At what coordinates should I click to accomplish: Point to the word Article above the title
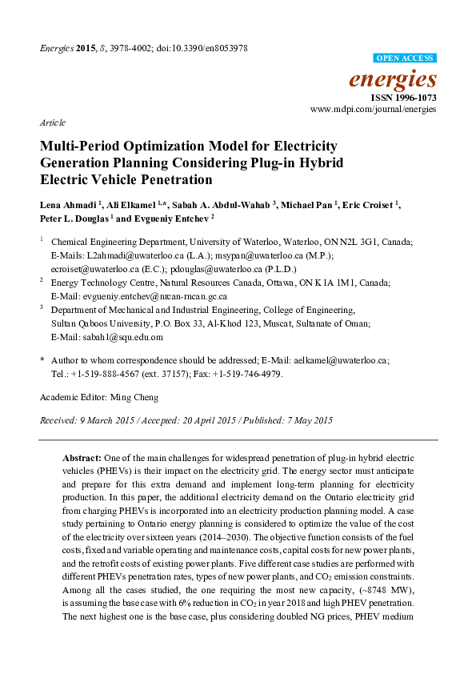click(x=52, y=123)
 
